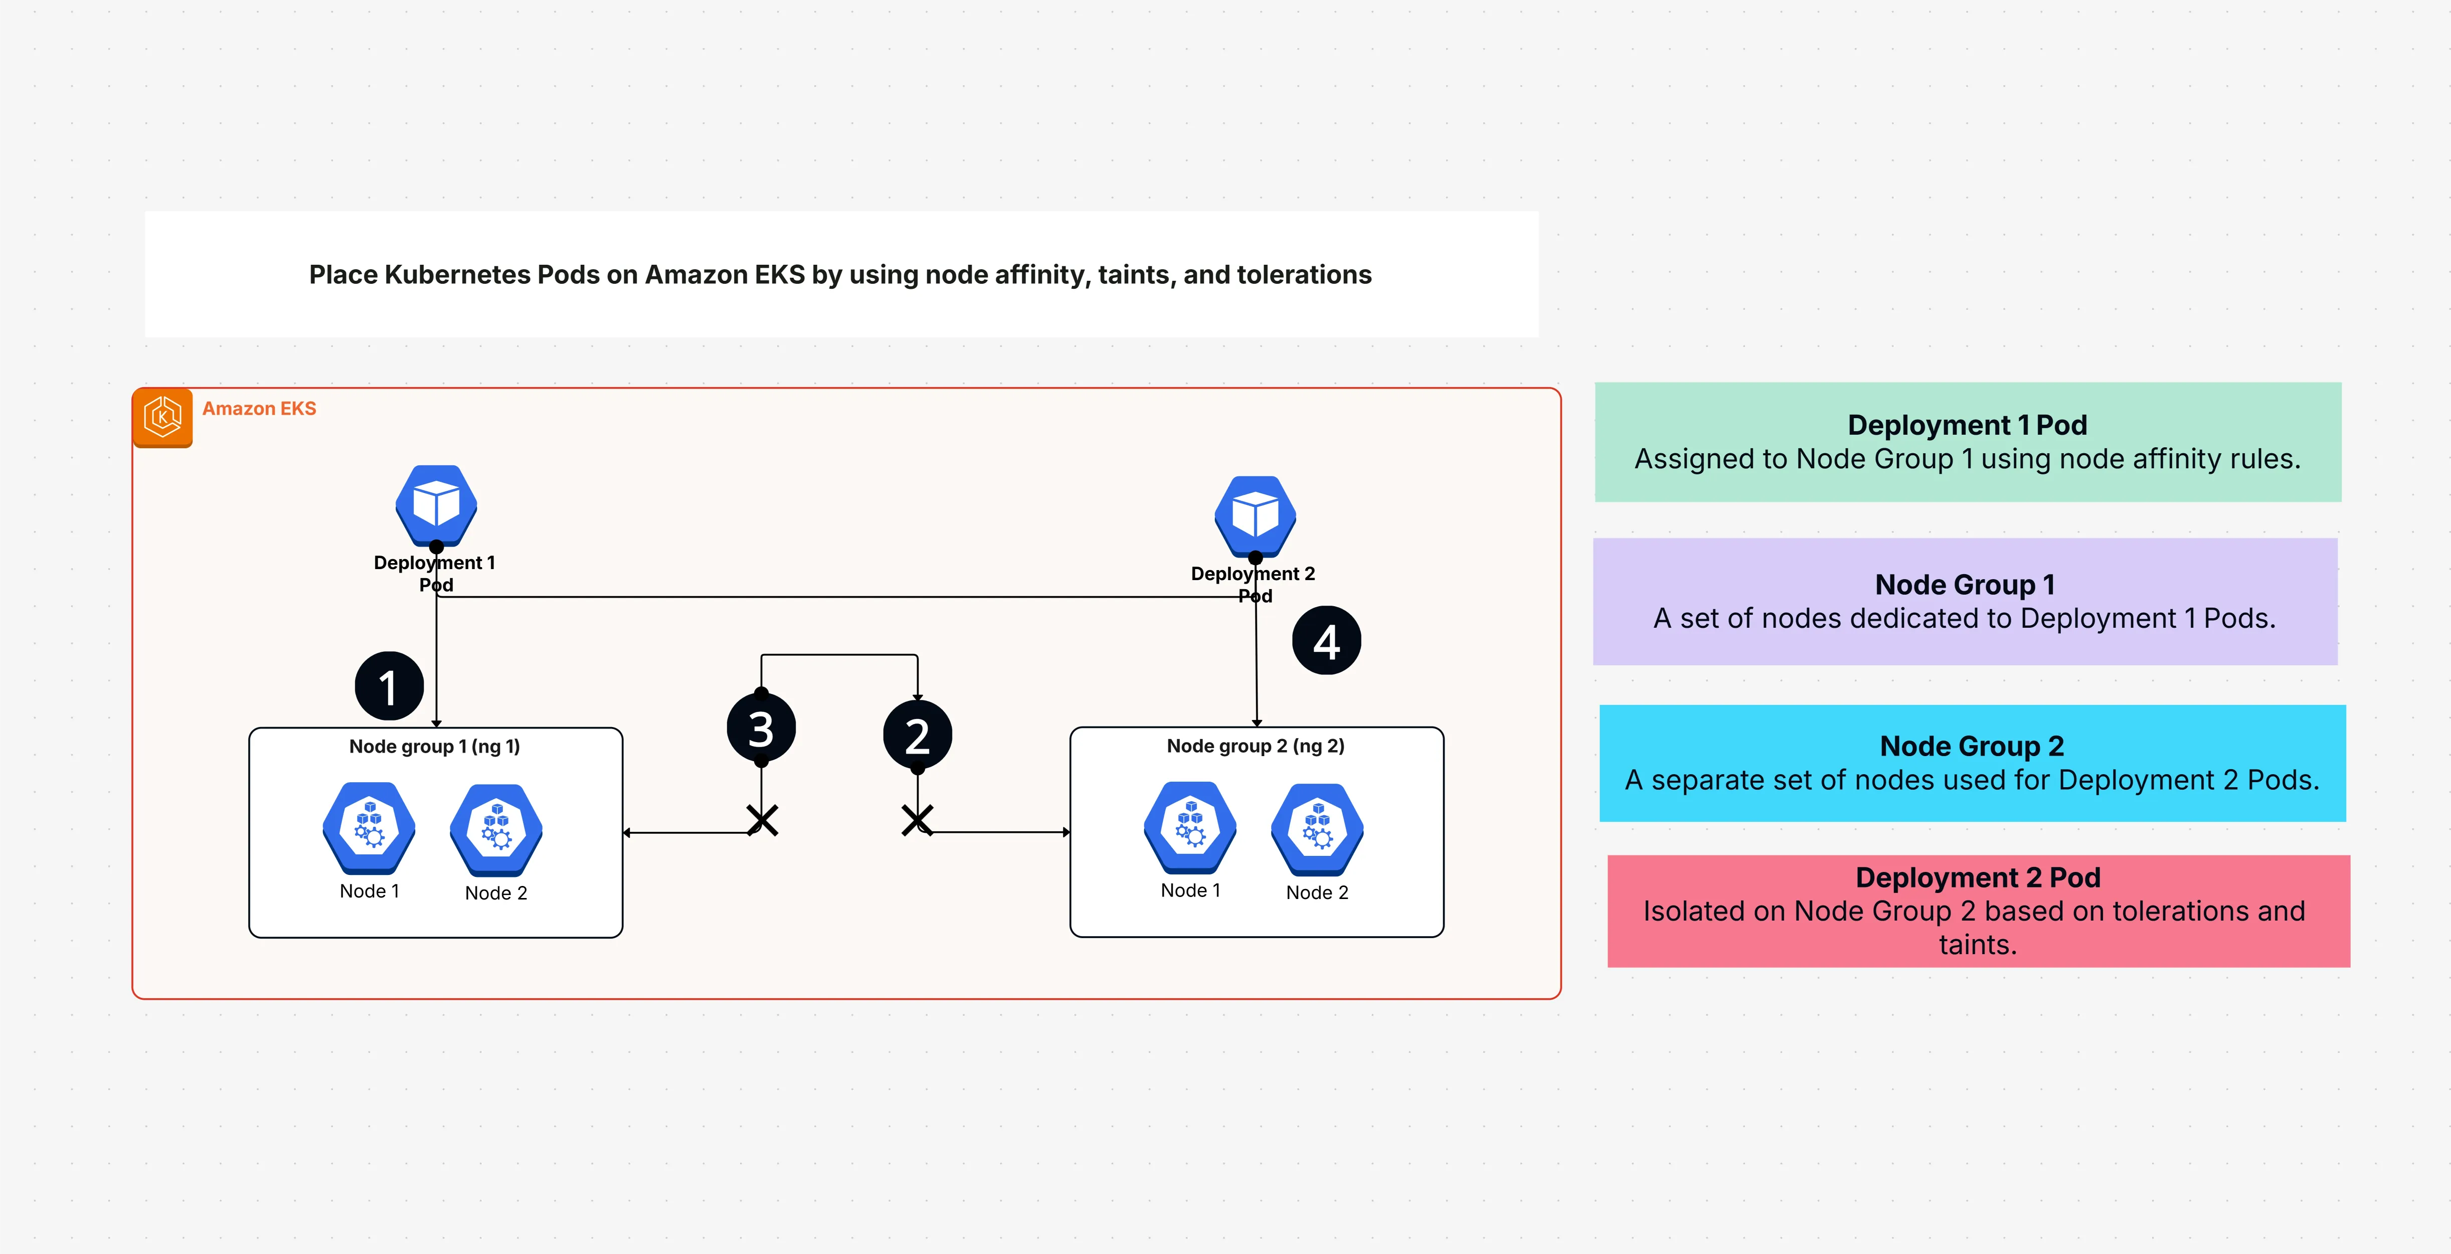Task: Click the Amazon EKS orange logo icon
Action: click(162, 417)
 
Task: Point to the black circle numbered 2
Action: click(917, 735)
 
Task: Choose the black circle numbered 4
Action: click(1326, 640)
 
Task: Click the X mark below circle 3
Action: click(762, 820)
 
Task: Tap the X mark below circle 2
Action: click(917, 820)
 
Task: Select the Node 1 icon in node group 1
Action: click(369, 828)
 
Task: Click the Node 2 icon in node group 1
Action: click(496, 829)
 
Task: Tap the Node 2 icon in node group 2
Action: click(1317, 829)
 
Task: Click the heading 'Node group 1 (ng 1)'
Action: click(435, 746)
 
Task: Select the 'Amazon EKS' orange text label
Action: click(259, 408)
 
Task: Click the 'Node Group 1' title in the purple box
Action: click(1965, 584)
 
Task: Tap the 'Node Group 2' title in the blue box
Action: click(1972, 746)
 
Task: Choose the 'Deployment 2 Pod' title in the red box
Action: click(1977, 877)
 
